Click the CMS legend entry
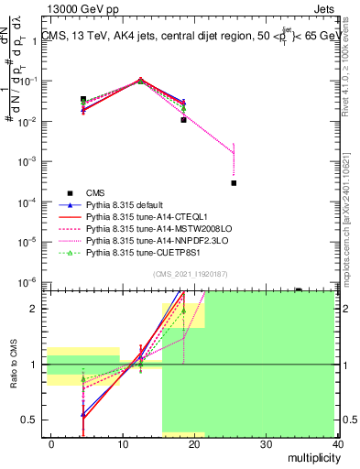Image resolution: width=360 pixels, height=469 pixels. click(x=96, y=192)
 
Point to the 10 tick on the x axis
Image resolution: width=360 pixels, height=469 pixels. click(x=123, y=443)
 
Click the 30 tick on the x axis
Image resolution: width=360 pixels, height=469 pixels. click(x=267, y=443)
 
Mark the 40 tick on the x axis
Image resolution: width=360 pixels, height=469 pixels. click(x=338, y=443)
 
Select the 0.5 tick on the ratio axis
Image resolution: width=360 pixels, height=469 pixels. click(x=31, y=420)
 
